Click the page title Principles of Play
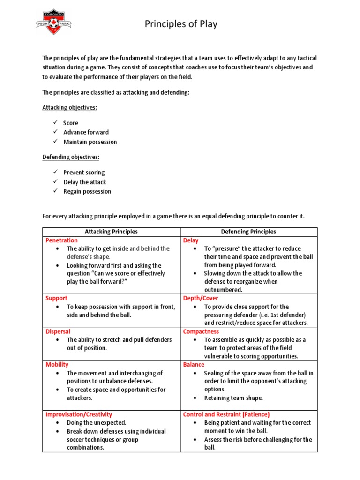pyautogui.click(x=180, y=24)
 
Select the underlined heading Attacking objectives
pyautogui.click(x=70, y=107)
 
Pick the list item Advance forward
pyautogui.click(x=86, y=132)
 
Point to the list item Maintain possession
pyautogui.click(x=90, y=142)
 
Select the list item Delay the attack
pyautogui.click(x=85, y=182)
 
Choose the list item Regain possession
pyautogui.click(x=87, y=191)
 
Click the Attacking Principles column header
pyautogui.click(x=111, y=232)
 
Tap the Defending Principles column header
pyautogui.click(x=248, y=232)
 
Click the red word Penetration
pyautogui.click(x=61, y=240)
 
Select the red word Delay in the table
pyautogui.click(x=191, y=240)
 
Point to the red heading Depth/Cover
pyautogui.click(x=201, y=298)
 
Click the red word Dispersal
pyautogui.click(x=58, y=331)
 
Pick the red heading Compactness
pyautogui.click(x=201, y=331)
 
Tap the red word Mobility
pyautogui.click(x=57, y=364)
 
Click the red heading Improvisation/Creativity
pyautogui.click(x=79, y=414)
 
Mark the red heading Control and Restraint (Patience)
pyautogui.click(x=226, y=414)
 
